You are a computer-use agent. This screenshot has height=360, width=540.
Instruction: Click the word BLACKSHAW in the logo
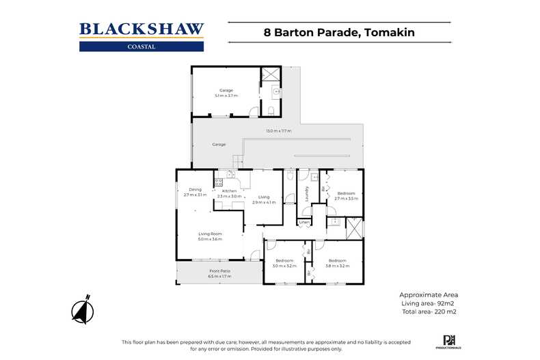coord(141,29)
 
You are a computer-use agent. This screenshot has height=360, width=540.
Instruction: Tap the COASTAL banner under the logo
coord(141,46)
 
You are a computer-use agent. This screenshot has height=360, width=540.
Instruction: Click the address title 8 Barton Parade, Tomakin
coord(340,31)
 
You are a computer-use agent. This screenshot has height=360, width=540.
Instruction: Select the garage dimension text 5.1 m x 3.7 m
coord(226,96)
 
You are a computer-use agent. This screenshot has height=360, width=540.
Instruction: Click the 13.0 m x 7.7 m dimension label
coord(279,130)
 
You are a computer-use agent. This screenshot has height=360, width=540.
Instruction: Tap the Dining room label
coord(195,189)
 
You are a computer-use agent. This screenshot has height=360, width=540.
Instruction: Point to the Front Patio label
coord(219,271)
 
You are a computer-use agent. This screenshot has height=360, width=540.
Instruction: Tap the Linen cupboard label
coord(304,222)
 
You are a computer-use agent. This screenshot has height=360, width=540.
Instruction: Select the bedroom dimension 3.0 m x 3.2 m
coord(284,266)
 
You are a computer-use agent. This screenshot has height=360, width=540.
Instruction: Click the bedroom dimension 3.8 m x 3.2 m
coord(338,266)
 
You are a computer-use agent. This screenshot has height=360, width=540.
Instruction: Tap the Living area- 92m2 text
coord(428,303)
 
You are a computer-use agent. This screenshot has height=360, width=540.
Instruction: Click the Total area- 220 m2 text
coord(429,311)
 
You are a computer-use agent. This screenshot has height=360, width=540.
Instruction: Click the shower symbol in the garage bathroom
coord(271,75)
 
